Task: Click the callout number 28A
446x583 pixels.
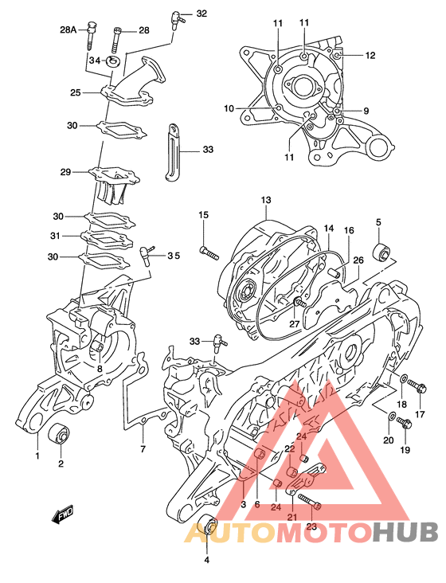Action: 68,29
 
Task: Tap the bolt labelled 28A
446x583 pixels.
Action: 92,37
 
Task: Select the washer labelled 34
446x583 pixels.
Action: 112,61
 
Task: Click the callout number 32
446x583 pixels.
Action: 201,14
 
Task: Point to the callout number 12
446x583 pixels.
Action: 370,56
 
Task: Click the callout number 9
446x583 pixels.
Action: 366,111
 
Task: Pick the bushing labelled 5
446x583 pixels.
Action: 381,252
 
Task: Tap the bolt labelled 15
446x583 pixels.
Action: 209,252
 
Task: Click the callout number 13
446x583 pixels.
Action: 266,200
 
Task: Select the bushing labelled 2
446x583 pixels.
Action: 60,433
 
